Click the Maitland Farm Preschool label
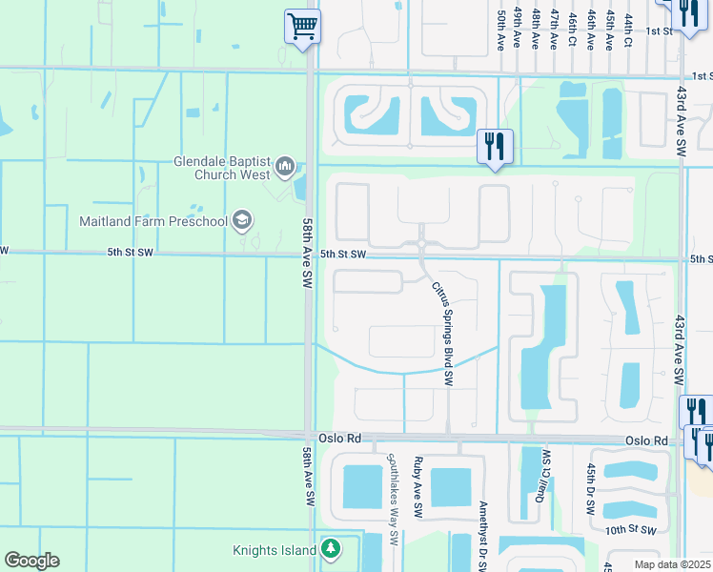tap(153, 221)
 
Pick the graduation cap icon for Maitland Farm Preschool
tap(242, 221)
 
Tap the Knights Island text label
tap(274, 550)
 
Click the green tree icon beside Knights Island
tap(330, 549)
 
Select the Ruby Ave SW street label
tap(418, 487)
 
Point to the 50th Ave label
tap(499, 31)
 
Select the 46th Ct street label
tap(572, 31)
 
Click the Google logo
tap(31, 561)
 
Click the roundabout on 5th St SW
tap(421, 246)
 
